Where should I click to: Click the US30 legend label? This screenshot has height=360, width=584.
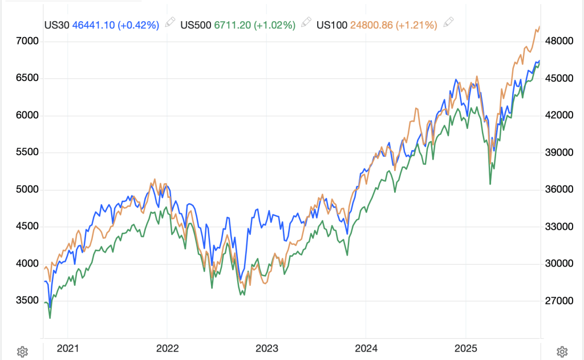57,25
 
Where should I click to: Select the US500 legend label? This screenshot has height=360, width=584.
195,25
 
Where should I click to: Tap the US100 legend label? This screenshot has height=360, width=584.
332,25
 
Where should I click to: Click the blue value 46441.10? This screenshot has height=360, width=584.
93,25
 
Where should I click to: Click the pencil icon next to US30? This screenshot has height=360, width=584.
169,23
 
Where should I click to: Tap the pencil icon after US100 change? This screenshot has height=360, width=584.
448,23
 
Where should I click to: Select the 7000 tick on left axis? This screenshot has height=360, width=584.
27,41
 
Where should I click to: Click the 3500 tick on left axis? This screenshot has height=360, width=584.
27,301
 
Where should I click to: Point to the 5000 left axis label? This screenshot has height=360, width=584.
27,189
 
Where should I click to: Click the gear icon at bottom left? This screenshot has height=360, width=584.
22,351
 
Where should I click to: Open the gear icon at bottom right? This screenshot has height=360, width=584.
562,351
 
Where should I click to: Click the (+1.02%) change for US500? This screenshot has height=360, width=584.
274,25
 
